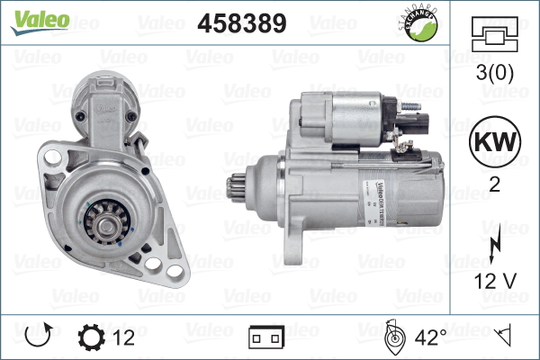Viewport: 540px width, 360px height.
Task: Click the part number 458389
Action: [x=241, y=22]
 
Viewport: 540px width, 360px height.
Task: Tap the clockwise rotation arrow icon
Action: [x=37, y=337]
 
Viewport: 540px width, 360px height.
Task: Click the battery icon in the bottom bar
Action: [x=265, y=338]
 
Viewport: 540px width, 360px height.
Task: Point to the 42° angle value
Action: [x=431, y=337]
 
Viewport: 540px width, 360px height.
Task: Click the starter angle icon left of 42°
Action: [x=394, y=337]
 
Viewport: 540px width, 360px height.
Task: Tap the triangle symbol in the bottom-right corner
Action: [x=505, y=337]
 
